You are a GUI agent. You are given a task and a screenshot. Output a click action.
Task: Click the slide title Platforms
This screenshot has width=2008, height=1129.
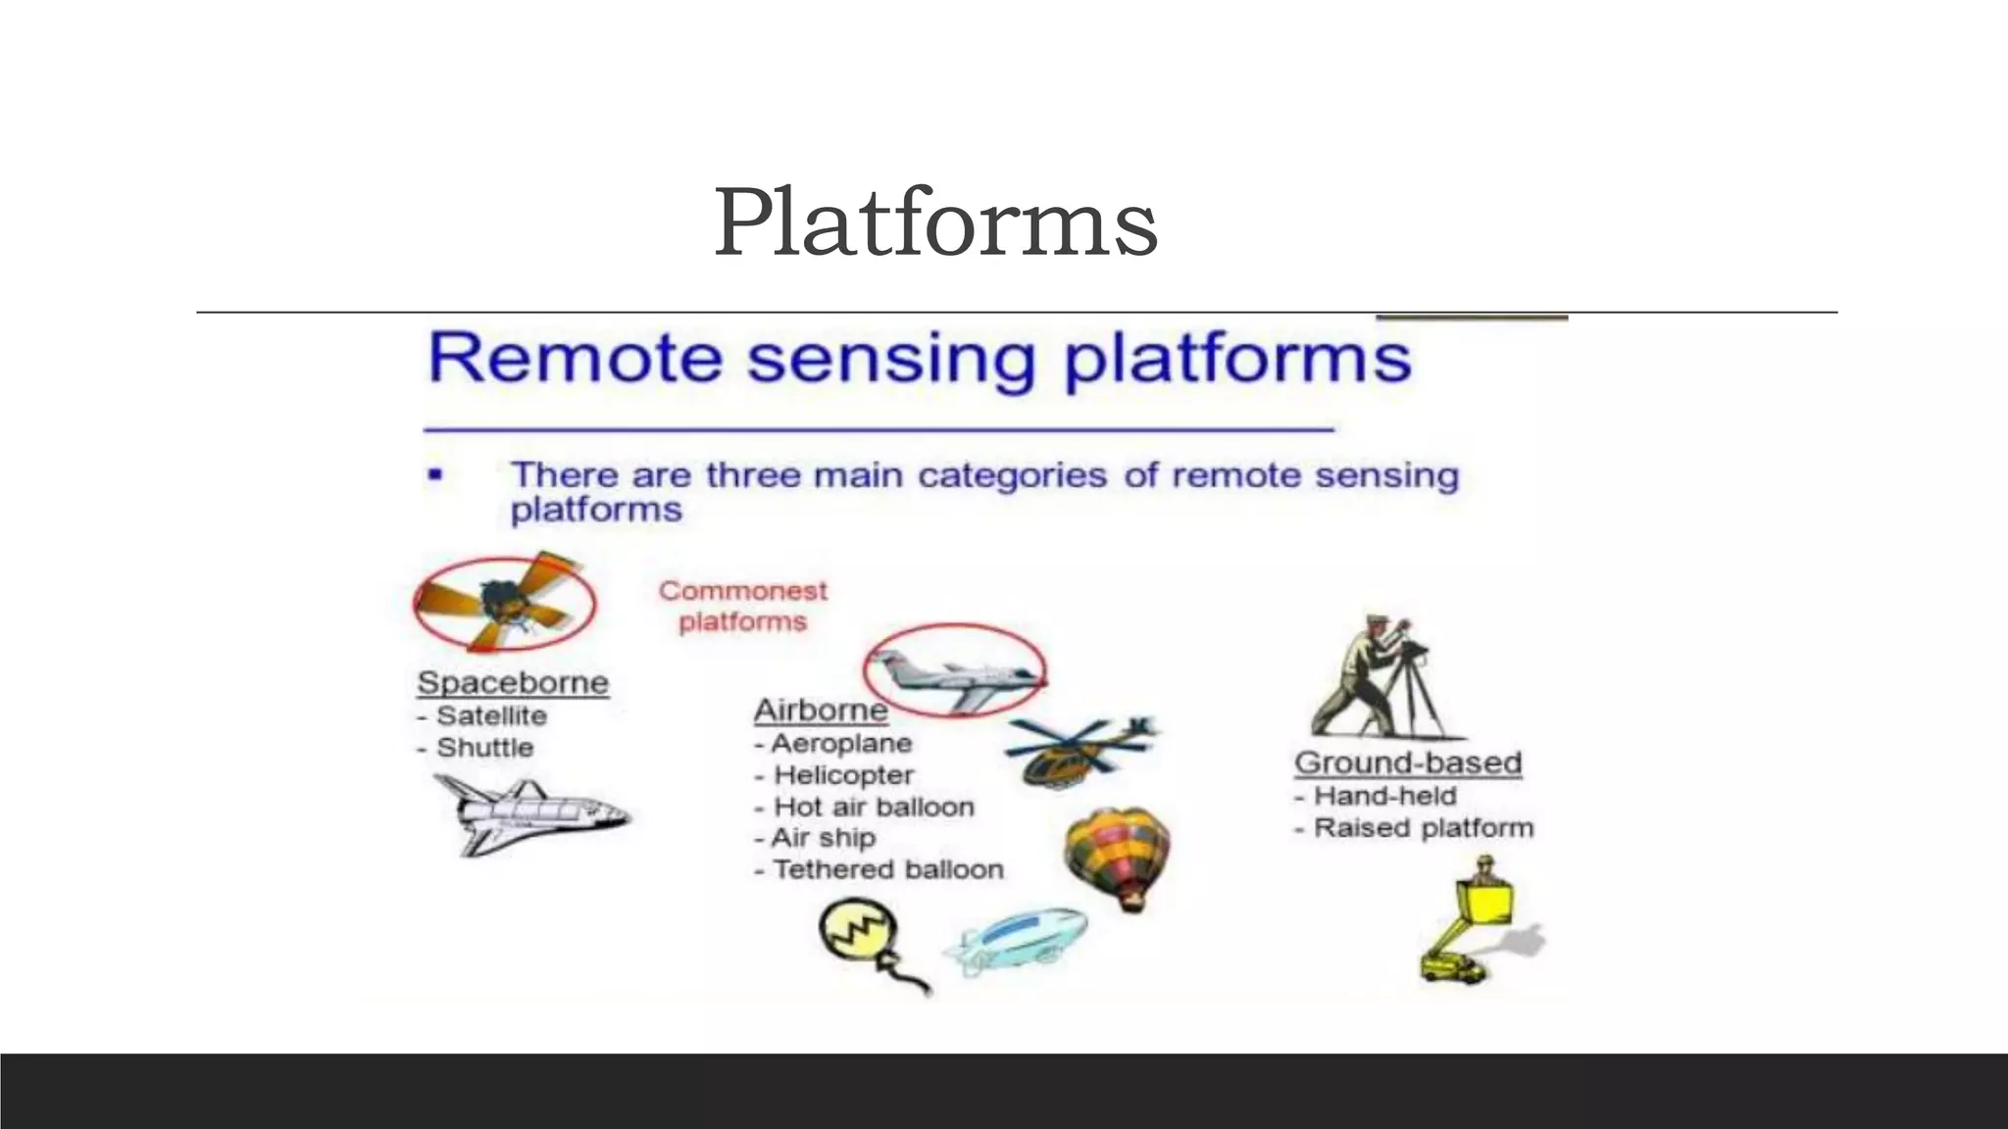coord(935,223)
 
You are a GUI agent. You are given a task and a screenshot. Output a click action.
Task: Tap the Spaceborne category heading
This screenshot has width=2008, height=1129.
coord(513,682)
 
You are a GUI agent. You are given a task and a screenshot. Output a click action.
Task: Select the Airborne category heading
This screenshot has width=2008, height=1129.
coord(820,711)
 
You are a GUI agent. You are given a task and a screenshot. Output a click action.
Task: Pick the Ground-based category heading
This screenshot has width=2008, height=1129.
coord(1408,762)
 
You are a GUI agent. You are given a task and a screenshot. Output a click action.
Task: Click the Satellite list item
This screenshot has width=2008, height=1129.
coord(490,715)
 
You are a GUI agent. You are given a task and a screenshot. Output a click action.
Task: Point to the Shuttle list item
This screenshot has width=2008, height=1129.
coord(484,748)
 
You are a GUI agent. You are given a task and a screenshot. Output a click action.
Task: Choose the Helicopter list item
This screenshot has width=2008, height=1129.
coord(843,775)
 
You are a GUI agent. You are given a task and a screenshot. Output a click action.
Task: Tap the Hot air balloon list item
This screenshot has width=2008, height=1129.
coord(873,807)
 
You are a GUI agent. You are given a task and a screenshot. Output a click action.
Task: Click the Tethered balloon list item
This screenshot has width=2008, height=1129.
coord(887,869)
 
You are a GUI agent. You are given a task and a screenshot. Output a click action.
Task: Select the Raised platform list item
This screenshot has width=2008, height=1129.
coord(1423,828)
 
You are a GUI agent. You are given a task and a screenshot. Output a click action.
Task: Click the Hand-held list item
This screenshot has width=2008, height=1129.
coord(1384,796)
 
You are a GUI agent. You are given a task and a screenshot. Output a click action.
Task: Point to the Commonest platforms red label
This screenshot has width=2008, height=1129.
coord(743,606)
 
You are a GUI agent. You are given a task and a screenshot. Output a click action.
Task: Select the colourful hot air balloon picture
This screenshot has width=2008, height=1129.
coord(1119,856)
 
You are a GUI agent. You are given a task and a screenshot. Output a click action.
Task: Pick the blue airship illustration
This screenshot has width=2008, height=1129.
coord(1016,938)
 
